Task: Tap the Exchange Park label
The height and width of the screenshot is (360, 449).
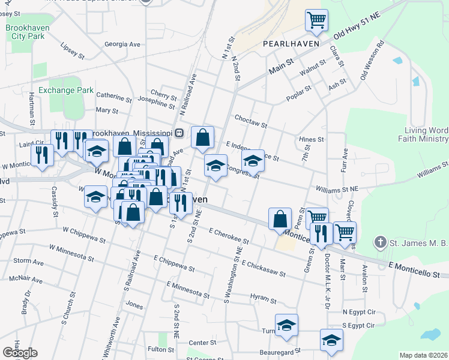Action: [x=66, y=91]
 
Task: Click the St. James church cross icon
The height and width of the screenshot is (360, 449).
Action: [x=379, y=242]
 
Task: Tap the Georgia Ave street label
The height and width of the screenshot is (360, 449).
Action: [x=122, y=44]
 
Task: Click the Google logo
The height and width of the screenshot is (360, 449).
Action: [x=20, y=353]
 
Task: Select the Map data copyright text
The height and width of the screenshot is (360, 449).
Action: [x=423, y=355]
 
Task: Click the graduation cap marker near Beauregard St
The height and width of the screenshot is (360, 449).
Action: [x=331, y=340]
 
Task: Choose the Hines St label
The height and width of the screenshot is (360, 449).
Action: [x=312, y=139]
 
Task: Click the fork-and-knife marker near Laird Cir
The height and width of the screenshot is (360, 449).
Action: [x=42, y=155]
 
